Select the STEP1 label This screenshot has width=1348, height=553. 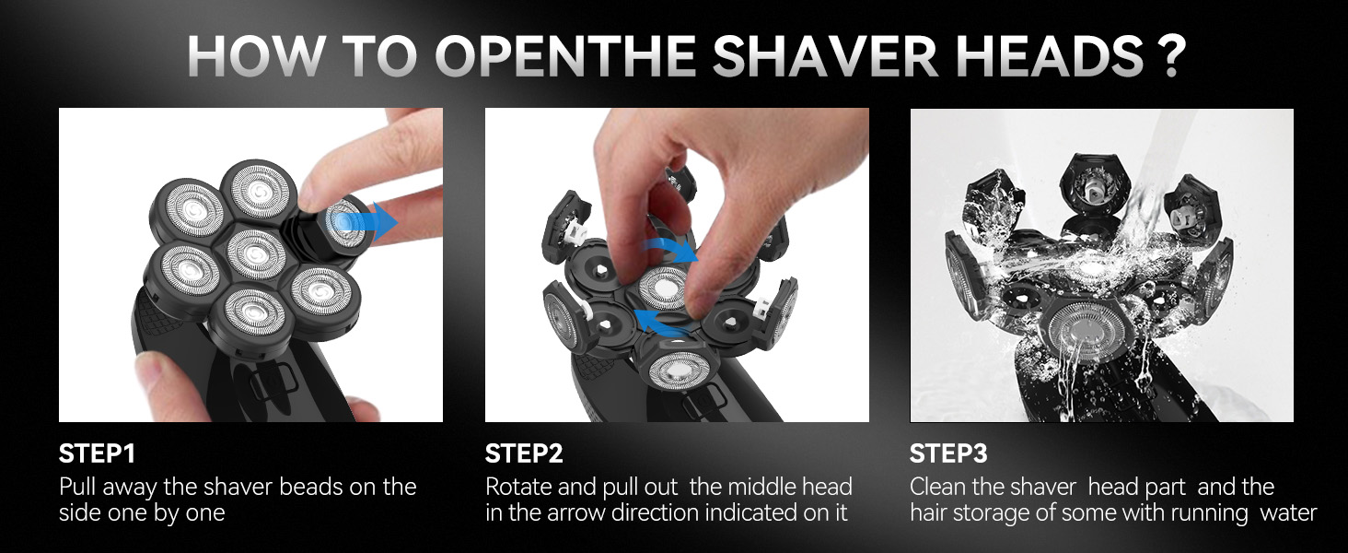(x=97, y=454)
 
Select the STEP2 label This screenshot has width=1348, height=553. (x=523, y=454)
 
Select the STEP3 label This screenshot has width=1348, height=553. (x=948, y=454)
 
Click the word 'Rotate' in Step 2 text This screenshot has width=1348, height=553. (x=520, y=487)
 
